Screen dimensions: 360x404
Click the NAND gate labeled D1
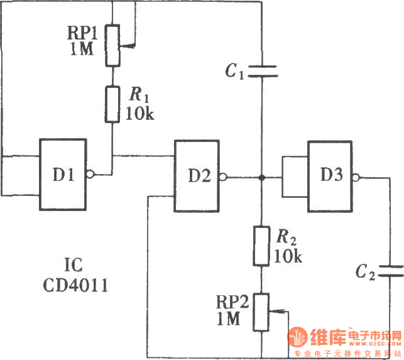[63, 174]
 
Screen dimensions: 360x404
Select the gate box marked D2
[197, 177]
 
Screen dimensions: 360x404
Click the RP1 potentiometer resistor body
[112, 45]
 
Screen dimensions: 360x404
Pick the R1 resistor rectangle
[112, 104]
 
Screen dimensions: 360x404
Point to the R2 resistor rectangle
[261, 246]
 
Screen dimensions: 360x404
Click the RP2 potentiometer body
[261, 312]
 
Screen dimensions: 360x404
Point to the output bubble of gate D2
[226, 177]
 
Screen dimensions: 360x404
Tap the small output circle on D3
[357, 177]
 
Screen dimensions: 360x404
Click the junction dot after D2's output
[261, 177]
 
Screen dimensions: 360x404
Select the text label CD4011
[75, 286]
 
